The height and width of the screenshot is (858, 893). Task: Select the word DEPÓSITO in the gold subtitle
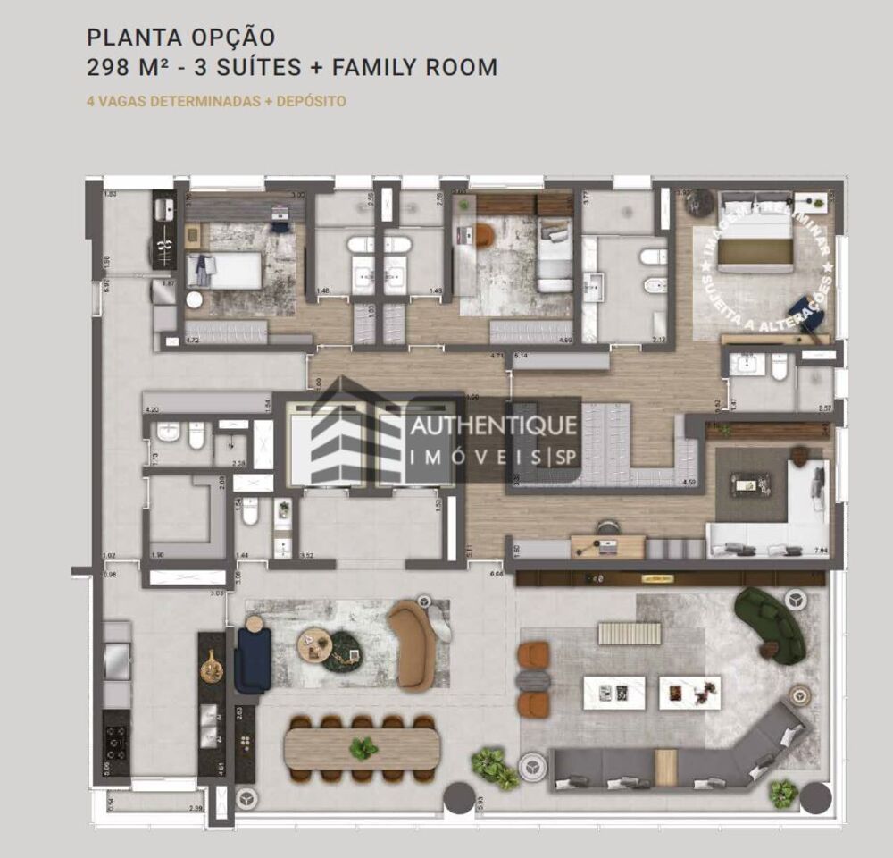pos(312,101)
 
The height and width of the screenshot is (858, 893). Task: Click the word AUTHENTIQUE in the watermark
pos(493,426)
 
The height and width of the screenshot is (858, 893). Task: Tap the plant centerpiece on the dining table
pos(363,748)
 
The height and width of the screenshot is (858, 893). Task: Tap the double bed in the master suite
pos(755,237)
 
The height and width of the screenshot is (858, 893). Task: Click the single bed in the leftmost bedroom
pos(223,270)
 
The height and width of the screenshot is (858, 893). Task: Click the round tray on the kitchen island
pos(212,667)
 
